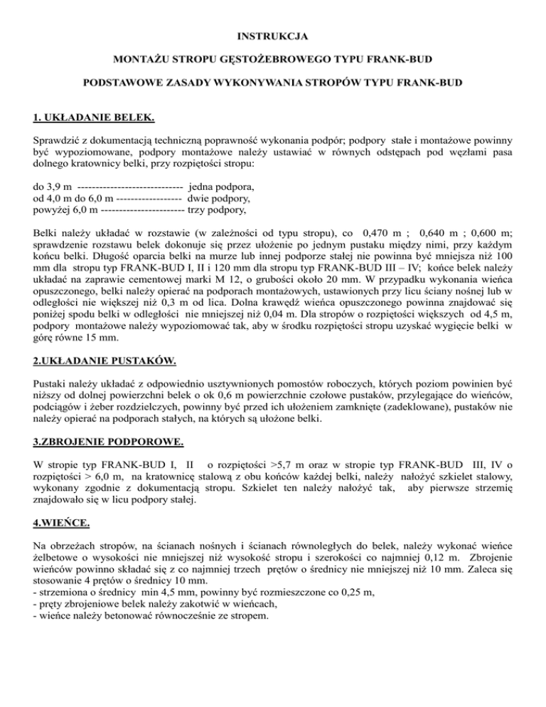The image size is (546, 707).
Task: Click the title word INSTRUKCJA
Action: point(273,33)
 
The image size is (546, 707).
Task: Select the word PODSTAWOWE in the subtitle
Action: point(124,83)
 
